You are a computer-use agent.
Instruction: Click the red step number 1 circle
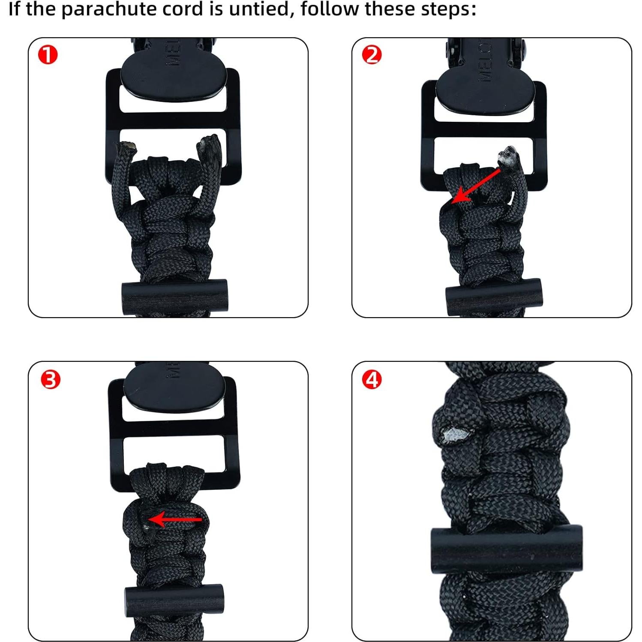pyautogui.click(x=48, y=55)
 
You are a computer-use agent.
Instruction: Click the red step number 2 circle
pyautogui.click(x=371, y=55)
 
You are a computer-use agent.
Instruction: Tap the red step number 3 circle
pyautogui.click(x=51, y=380)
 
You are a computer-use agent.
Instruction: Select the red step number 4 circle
pyautogui.click(x=371, y=380)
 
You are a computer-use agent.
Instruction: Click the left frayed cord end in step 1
pyautogui.click(x=127, y=148)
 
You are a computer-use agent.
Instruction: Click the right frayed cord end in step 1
pyautogui.click(x=210, y=145)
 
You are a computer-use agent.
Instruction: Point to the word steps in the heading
pyautogui.click(x=448, y=9)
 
